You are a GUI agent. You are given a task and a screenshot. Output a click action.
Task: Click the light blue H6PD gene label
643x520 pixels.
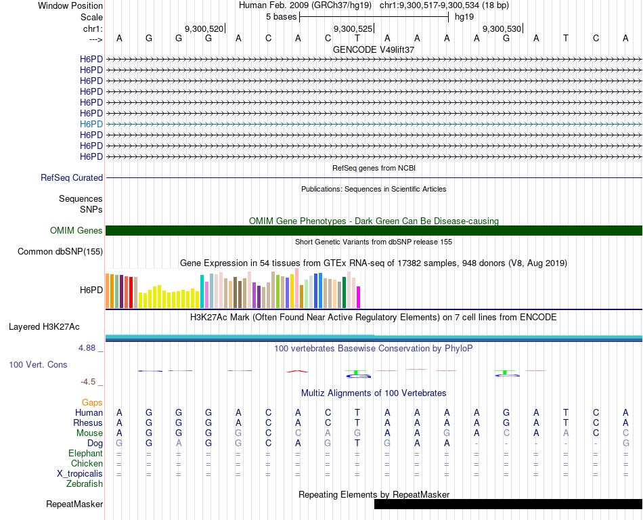coord(91,124)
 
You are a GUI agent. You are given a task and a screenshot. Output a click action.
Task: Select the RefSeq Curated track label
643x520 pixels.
coord(72,178)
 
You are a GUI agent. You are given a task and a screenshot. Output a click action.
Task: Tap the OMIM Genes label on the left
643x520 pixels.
coord(76,231)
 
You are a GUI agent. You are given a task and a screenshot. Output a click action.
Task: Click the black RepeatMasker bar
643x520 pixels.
coord(508,504)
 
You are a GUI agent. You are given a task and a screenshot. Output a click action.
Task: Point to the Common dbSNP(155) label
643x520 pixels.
coord(60,252)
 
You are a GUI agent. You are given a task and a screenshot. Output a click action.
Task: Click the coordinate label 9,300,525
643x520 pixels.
coord(353,29)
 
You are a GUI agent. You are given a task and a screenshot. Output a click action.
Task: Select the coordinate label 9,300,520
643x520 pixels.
coord(204,29)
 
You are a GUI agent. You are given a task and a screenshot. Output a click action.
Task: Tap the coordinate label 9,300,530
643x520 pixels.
coord(502,29)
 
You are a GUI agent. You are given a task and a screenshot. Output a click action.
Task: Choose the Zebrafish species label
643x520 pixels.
coord(85,484)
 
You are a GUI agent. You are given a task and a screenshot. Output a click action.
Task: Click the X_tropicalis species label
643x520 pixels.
coord(80,474)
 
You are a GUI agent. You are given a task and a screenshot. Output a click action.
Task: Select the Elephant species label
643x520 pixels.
coord(85,454)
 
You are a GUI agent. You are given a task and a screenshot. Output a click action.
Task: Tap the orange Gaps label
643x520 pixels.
coord(92,403)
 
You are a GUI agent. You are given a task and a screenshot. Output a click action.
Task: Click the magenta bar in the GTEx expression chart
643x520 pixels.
coord(359,297)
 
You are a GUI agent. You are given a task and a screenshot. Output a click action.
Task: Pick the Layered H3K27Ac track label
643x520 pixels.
coord(44,327)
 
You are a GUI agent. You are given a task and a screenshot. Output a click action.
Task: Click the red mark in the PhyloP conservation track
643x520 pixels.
coord(297,371)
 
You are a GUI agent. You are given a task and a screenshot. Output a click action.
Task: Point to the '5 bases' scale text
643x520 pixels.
coord(281,17)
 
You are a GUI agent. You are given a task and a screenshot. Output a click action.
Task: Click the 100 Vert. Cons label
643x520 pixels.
coord(38,365)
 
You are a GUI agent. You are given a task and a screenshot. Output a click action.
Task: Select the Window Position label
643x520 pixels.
coord(70,5)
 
